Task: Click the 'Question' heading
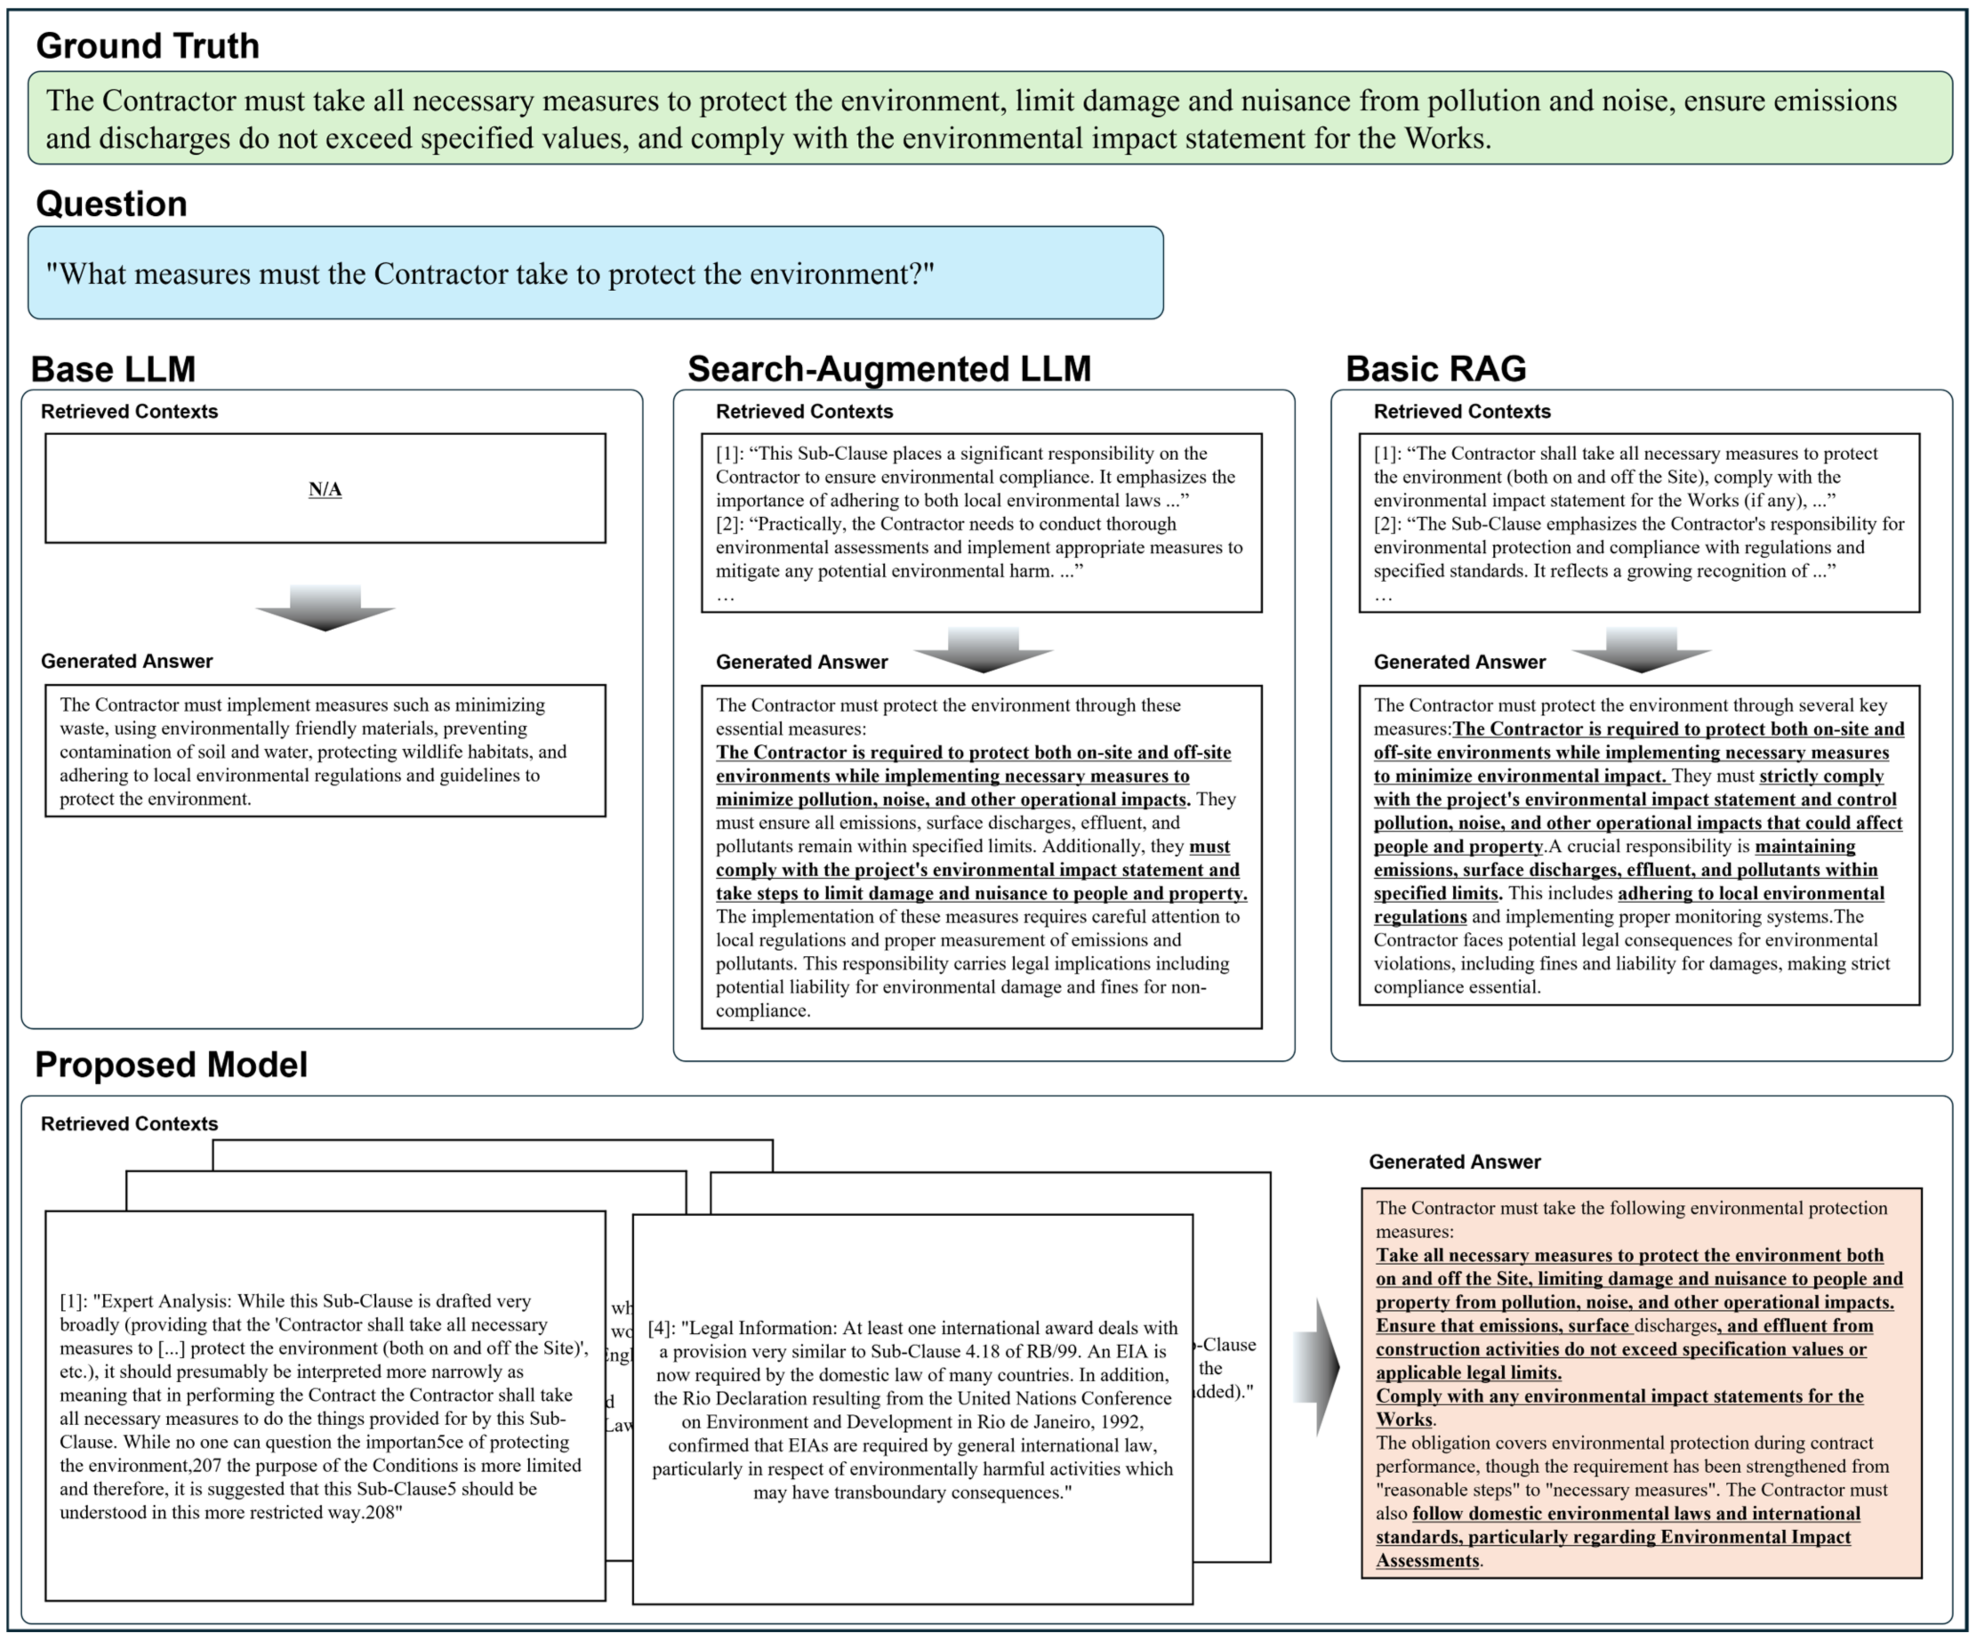tap(111, 203)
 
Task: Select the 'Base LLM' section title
tap(113, 369)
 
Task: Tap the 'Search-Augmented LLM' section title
tap(889, 369)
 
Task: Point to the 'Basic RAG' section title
tap(1436, 369)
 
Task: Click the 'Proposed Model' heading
tap(171, 1065)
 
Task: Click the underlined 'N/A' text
tap(325, 489)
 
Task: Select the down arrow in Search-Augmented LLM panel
tap(983, 650)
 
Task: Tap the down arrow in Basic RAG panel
tap(1641, 650)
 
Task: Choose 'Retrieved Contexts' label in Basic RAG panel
tap(1462, 411)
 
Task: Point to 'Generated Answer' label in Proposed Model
tap(1455, 1162)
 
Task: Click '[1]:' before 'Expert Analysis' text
tap(73, 1301)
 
